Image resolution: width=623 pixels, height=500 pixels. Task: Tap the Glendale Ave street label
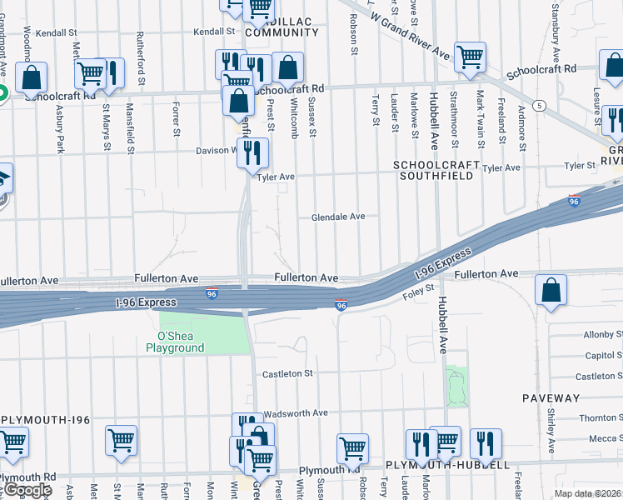coord(338,217)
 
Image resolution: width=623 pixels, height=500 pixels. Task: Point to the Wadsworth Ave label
coord(296,413)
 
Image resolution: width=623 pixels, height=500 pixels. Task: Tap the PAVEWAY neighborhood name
coord(551,398)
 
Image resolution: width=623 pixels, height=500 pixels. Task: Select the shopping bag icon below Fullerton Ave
coord(551,292)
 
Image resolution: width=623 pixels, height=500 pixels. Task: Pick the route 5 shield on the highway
coord(541,105)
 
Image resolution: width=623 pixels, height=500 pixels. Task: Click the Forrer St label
coord(176,119)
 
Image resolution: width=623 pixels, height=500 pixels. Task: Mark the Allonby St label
coord(603,335)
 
